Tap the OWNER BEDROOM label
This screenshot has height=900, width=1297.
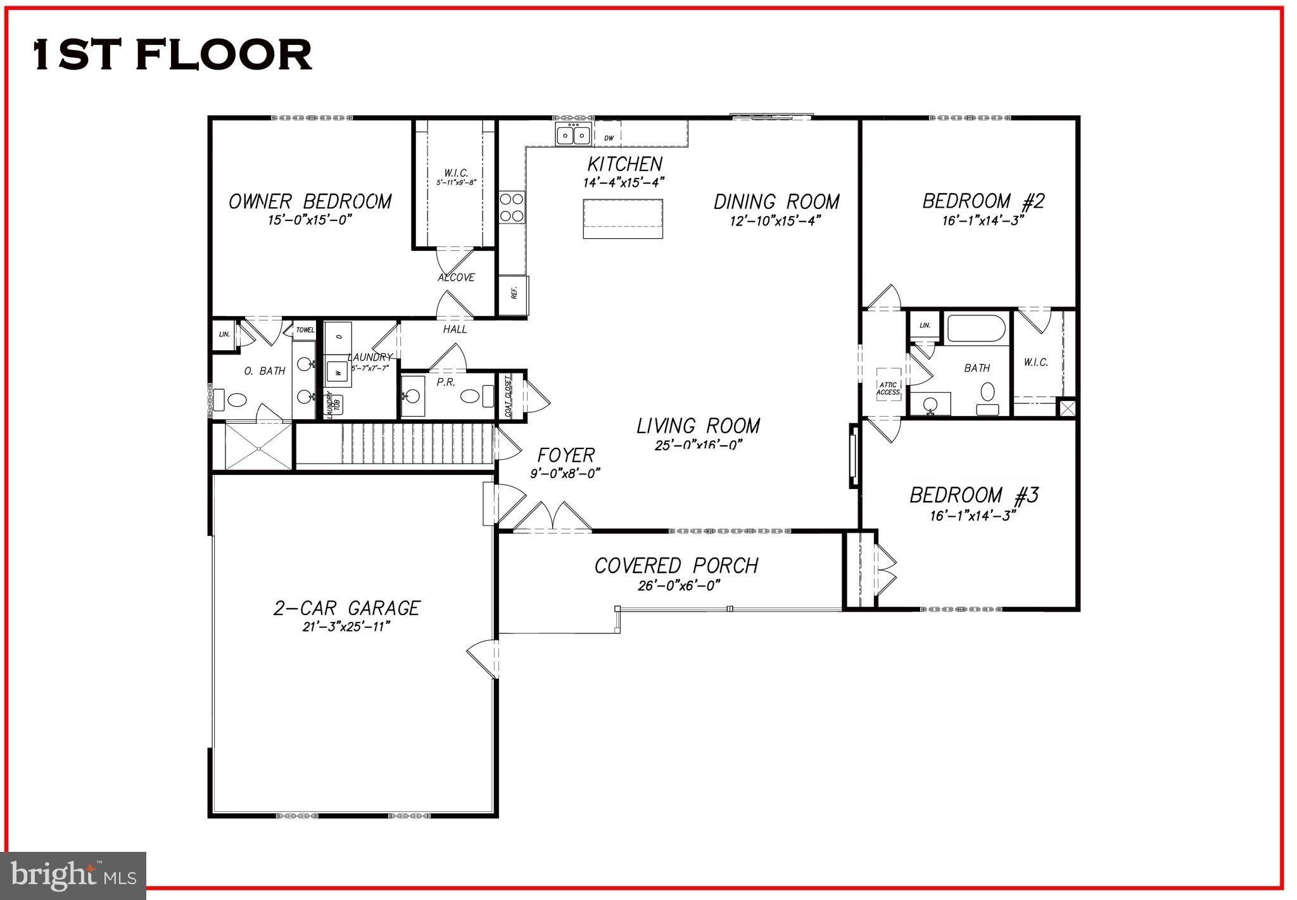[x=310, y=202]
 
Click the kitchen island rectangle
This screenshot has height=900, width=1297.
[x=623, y=219]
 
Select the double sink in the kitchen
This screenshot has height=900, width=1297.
[x=573, y=135]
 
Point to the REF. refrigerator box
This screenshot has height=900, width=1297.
[x=514, y=295]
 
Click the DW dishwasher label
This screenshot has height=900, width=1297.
[x=609, y=137]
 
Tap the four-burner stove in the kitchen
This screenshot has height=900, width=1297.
[x=512, y=207]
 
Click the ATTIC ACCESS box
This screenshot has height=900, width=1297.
[x=888, y=388]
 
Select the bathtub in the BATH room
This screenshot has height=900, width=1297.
[x=976, y=328]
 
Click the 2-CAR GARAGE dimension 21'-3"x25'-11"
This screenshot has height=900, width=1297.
[x=345, y=627]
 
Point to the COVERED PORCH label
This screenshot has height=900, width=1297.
[x=676, y=566]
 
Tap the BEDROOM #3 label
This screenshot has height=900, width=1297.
[x=973, y=495]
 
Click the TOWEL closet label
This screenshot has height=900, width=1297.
[x=305, y=330]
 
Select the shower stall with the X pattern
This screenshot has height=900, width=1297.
[x=259, y=447]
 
